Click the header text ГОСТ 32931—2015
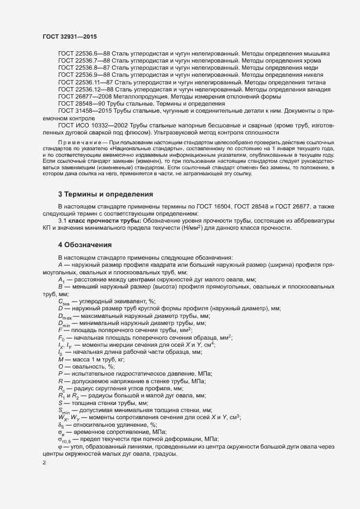tap(66, 36)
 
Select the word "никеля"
tap(312, 75)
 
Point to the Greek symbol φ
tap(60, 446)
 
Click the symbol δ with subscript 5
tap(61, 425)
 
